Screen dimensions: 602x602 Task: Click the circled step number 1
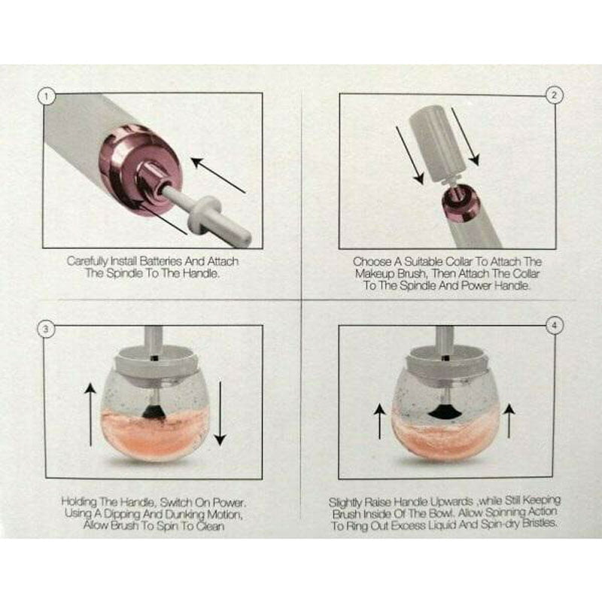[x=47, y=96]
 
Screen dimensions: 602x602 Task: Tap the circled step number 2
[x=554, y=96]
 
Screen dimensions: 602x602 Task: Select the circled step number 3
[x=47, y=330]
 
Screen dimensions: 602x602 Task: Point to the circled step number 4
[x=555, y=327]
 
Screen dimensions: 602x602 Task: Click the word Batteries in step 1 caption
[x=161, y=261]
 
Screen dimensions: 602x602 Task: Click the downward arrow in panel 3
[x=220, y=413]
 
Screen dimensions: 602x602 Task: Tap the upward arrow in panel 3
[x=90, y=416]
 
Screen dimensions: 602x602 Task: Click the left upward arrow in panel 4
[x=380, y=422]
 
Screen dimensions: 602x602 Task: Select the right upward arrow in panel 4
[x=509, y=421]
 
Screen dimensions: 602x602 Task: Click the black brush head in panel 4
[x=445, y=412]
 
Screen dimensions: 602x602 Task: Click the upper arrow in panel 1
[x=218, y=175]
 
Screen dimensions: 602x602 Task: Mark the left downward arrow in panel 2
[x=410, y=156]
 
